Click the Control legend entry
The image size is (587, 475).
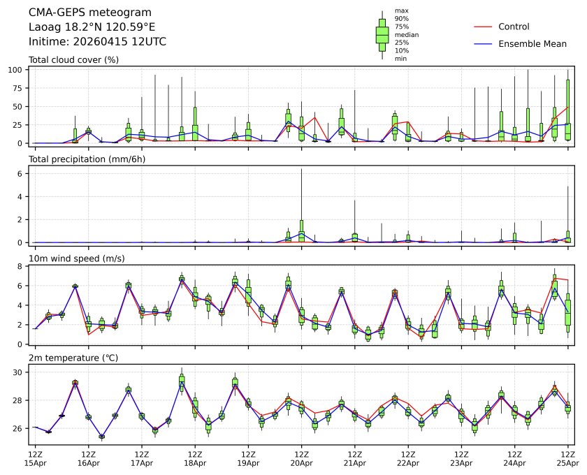click(514, 27)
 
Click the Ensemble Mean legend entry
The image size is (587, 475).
click(532, 43)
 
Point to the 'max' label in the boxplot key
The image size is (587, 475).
click(401, 10)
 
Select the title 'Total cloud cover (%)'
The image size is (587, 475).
click(73, 59)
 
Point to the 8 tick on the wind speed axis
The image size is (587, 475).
click(21, 266)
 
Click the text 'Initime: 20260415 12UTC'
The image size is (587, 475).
click(97, 42)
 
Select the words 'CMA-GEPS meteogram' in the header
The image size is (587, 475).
click(85, 13)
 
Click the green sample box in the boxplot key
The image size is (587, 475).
click(382, 34)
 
